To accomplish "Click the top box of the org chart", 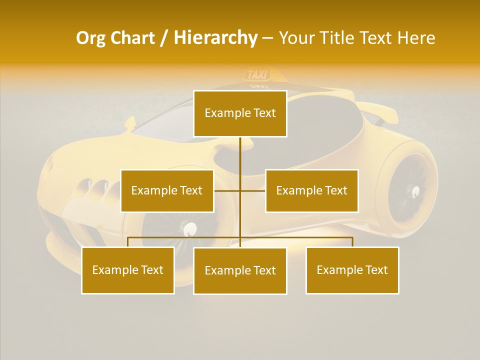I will point(240,113).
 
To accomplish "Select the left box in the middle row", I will point(167,190).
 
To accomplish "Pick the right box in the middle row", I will point(311,190).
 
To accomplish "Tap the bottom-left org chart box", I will point(128,270).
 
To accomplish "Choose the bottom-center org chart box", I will point(240,270).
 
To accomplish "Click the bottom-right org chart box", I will point(352,270).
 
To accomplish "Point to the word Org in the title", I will point(90,38).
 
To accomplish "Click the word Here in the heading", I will point(416,38).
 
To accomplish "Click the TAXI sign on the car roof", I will point(258,75).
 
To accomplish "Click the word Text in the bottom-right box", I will point(376,270).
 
